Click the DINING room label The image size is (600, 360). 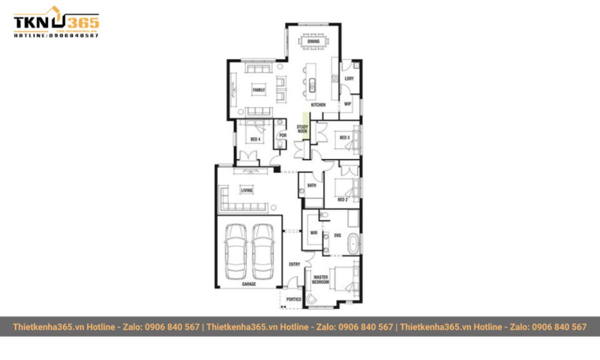click(x=313, y=41)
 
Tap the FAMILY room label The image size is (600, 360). click(x=258, y=90)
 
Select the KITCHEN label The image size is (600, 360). click(x=318, y=105)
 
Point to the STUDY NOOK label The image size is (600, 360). click(x=302, y=129)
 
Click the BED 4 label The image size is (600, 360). click(x=255, y=139)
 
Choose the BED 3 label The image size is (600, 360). click(x=344, y=137)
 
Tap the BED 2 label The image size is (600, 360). click(x=342, y=199)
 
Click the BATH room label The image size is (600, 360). click(x=312, y=185)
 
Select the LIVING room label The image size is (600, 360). click(x=246, y=190)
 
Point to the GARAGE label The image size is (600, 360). click(x=249, y=284)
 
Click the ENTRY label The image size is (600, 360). click(x=294, y=264)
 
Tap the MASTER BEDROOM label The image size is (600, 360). click(x=320, y=279)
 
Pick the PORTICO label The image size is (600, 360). click(x=293, y=299)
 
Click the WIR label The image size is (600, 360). click(x=314, y=233)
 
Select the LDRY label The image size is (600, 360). click(x=349, y=78)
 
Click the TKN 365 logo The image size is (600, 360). click(x=56, y=23)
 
